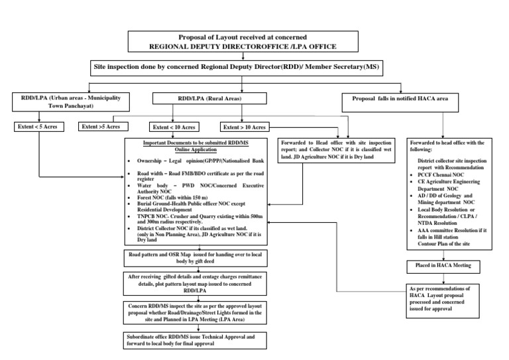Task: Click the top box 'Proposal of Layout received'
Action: [243, 41]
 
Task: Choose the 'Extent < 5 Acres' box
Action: [39, 126]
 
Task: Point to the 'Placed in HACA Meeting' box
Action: [437, 266]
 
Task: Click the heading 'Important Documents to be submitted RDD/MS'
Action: [190, 146]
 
